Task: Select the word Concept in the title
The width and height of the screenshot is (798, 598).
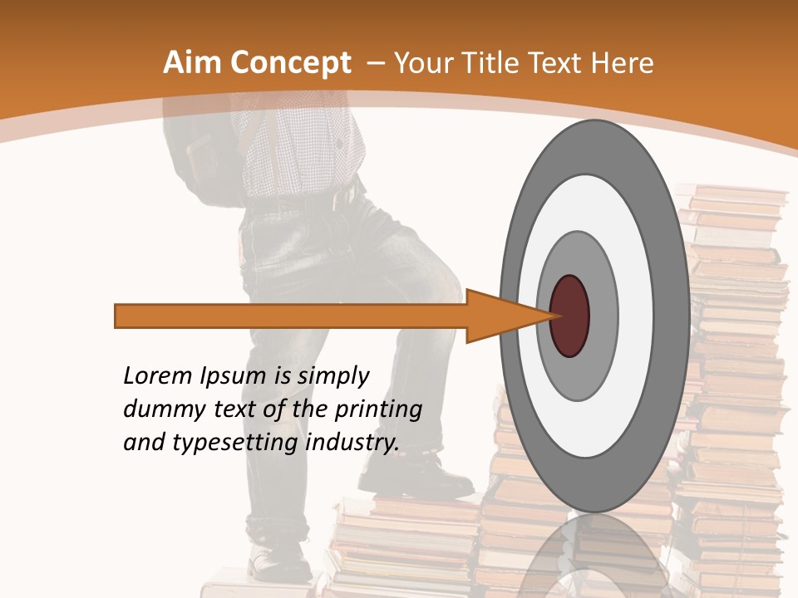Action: coord(290,63)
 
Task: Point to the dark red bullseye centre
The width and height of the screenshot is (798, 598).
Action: coord(570,316)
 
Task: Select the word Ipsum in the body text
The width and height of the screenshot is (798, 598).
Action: coord(234,376)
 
